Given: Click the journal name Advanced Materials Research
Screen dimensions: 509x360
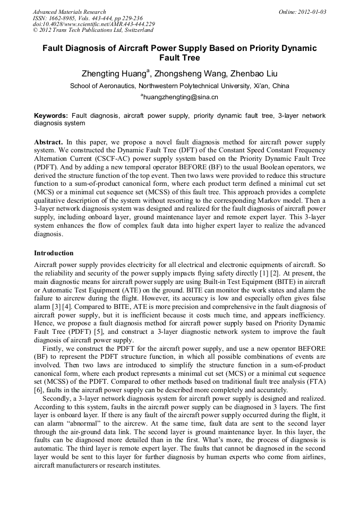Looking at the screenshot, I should [69, 12].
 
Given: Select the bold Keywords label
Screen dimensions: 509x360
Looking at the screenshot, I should [51, 116].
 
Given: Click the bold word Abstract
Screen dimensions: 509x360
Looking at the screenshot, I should [48, 143].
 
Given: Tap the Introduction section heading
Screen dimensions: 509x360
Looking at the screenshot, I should [54, 253].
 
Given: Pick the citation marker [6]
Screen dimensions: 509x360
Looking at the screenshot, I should [39, 390].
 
